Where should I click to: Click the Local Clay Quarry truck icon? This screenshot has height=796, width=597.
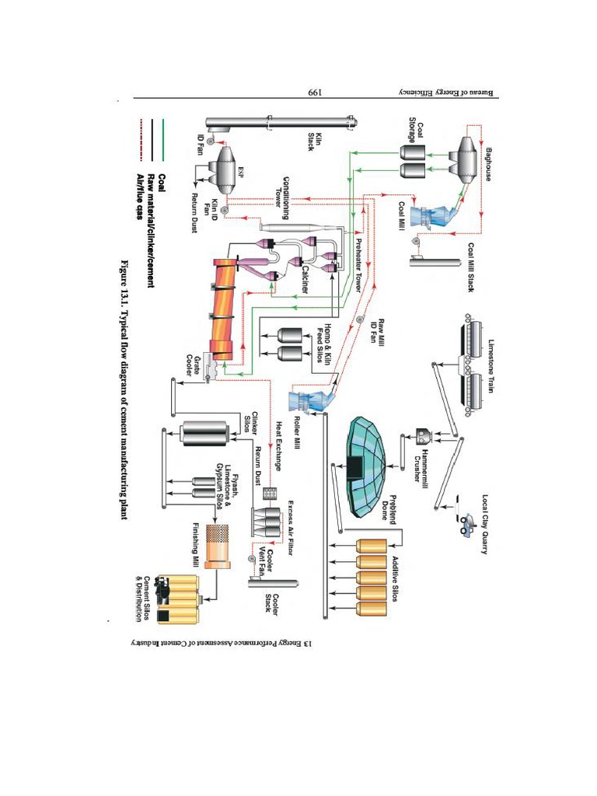pos(466,523)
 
